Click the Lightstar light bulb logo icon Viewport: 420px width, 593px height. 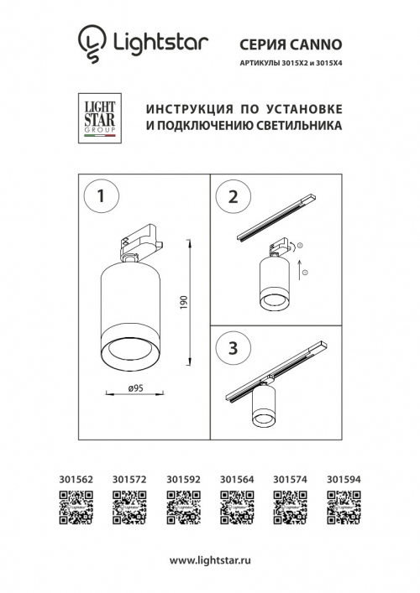91,44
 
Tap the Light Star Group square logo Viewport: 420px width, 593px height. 101,122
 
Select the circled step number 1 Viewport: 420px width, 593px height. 100,197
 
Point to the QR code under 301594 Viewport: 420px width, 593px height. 344,507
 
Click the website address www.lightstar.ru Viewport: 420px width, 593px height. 209,559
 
